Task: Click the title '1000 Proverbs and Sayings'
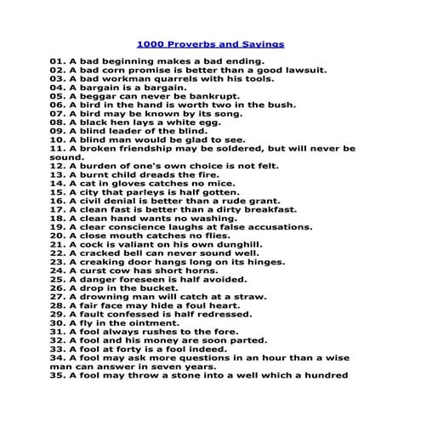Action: point(210,43)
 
